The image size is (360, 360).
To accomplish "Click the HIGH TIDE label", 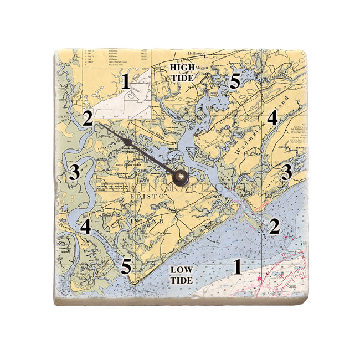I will (x=182, y=73).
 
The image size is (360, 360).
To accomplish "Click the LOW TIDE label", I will (x=182, y=275).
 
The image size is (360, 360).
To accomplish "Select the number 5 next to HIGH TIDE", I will (x=235, y=82).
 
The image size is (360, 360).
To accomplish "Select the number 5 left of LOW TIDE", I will (x=127, y=266).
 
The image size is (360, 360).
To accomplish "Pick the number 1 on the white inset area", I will (x=126, y=83).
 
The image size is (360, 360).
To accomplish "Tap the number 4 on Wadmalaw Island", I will (x=272, y=117).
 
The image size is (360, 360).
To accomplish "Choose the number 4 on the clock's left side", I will (x=85, y=226).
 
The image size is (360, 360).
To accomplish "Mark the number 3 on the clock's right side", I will (x=286, y=172).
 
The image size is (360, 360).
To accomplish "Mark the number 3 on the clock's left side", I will (x=74, y=172).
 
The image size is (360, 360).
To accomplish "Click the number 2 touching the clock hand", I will (x=87, y=118).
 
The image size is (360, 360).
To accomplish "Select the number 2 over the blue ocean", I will (x=274, y=226).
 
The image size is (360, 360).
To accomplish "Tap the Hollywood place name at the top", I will (x=197, y=53).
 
